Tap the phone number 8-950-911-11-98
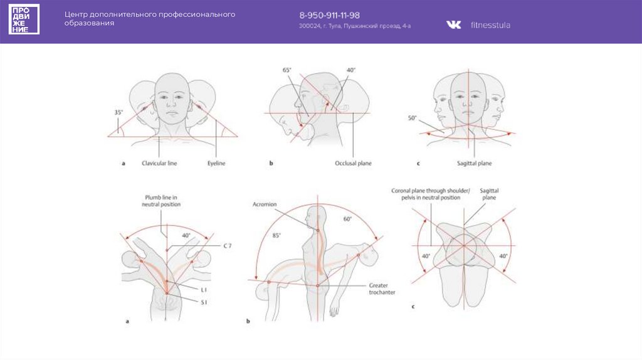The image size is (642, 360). pos(329,15)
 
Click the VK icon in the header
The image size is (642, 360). pos(453,24)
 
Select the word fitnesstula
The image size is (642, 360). pos(490,25)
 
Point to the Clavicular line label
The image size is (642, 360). pos(159,163)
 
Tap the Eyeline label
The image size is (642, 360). pos(216,163)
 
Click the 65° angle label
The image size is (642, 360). pos(287,70)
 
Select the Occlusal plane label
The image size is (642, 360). pos(354,163)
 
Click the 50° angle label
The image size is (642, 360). pos(412,118)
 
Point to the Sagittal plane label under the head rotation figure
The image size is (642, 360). pos(475,163)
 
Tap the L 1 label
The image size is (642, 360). pos(204,289)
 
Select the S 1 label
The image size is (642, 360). pos(204,302)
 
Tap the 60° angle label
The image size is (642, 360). pos(347,219)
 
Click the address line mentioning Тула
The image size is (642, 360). pos(355,26)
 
